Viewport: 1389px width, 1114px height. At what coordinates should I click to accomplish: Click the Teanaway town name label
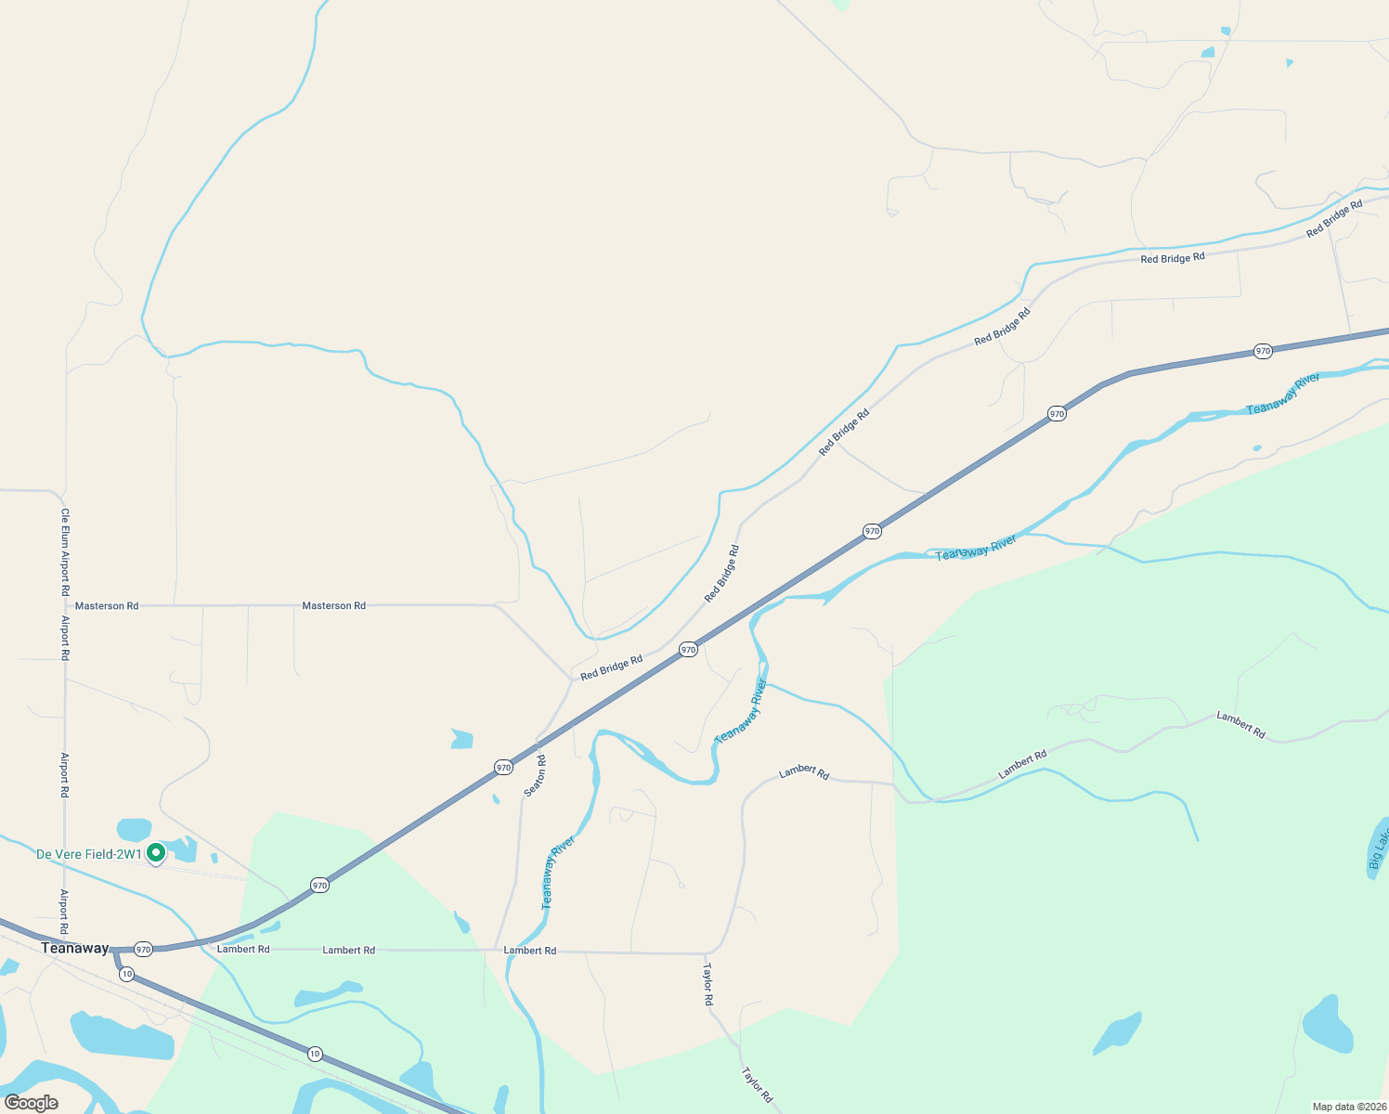75,948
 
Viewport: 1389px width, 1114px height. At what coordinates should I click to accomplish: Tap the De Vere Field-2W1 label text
89,854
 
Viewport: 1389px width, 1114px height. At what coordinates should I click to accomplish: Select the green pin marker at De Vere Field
156,851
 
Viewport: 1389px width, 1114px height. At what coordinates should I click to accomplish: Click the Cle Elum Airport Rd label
65,551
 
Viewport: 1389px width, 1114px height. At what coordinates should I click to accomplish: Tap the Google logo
31,1103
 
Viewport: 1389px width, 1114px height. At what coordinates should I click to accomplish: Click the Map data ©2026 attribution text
1346,1107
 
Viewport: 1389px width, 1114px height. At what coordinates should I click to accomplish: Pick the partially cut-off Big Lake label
1378,848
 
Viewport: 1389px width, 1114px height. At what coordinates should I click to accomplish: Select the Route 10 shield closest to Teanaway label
126,974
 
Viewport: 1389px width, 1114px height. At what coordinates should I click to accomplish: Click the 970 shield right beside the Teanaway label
143,949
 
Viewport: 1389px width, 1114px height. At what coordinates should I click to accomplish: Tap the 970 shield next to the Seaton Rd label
503,767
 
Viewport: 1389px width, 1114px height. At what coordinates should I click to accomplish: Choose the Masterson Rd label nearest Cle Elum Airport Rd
107,606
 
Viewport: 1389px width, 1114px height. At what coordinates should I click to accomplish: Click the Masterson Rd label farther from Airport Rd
334,606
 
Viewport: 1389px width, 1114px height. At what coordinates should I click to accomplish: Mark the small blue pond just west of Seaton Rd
461,739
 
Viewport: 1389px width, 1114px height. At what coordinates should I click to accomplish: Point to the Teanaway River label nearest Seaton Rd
558,873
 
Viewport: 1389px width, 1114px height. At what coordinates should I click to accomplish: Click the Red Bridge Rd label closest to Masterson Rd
611,667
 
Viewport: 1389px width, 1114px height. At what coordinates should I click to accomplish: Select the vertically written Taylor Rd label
707,985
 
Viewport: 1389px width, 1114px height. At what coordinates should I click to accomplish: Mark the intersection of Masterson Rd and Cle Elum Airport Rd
66,605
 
